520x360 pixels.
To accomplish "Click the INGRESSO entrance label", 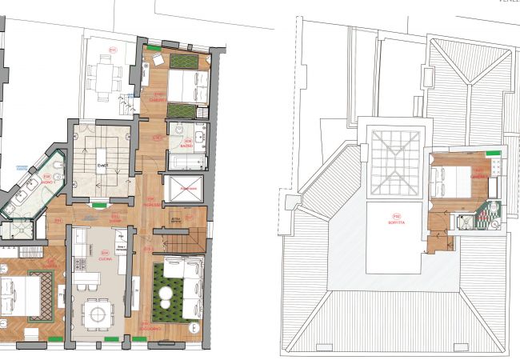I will pyautogui.click(x=150, y=202).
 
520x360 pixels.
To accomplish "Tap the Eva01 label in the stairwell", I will pyautogui.click(x=102, y=166).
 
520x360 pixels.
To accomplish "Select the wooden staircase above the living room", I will pyautogui.click(x=178, y=238).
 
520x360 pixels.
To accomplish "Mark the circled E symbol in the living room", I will pyautogui.click(x=150, y=250).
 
